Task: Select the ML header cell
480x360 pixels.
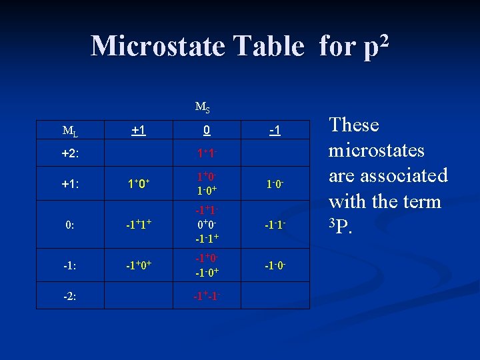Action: pos(69,129)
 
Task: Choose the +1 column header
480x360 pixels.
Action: pos(139,129)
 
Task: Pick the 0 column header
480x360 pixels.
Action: pos(207,129)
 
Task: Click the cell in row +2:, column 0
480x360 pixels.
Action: pos(207,153)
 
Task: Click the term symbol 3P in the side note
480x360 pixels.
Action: pos(338,226)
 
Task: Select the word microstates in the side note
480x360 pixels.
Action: pos(377,150)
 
